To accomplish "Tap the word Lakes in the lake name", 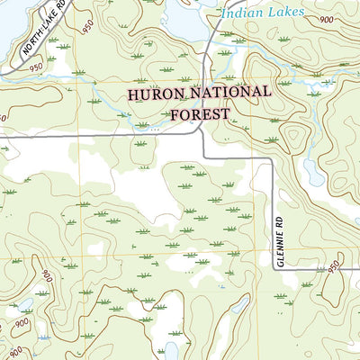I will point(285,13).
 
